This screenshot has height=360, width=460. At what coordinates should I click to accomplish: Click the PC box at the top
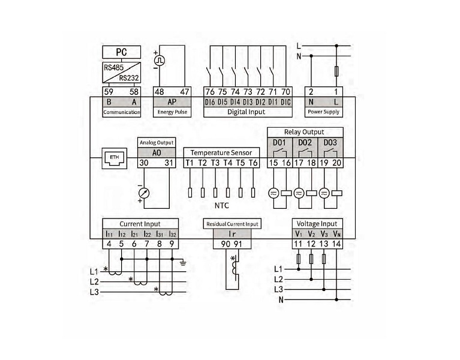[x=122, y=53]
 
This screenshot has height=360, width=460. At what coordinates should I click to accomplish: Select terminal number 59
[x=109, y=92]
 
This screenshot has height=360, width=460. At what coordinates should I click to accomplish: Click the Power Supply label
[x=323, y=112]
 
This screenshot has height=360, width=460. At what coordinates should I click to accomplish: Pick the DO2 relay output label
[x=305, y=143]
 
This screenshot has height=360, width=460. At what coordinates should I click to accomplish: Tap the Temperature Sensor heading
[x=221, y=152]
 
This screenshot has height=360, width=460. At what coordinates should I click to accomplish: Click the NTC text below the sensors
[x=222, y=206]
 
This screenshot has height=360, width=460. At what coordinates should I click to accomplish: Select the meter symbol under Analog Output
[x=144, y=193]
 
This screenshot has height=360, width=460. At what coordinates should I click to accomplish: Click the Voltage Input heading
[x=318, y=224]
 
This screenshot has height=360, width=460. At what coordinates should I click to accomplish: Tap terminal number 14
[x=338, y=244]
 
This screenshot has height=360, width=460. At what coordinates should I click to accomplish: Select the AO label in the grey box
[x=156, y=153]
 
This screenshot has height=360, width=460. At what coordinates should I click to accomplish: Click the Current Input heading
[x=140, y=224]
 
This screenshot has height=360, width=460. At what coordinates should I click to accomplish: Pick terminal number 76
[x=209, y=92]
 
